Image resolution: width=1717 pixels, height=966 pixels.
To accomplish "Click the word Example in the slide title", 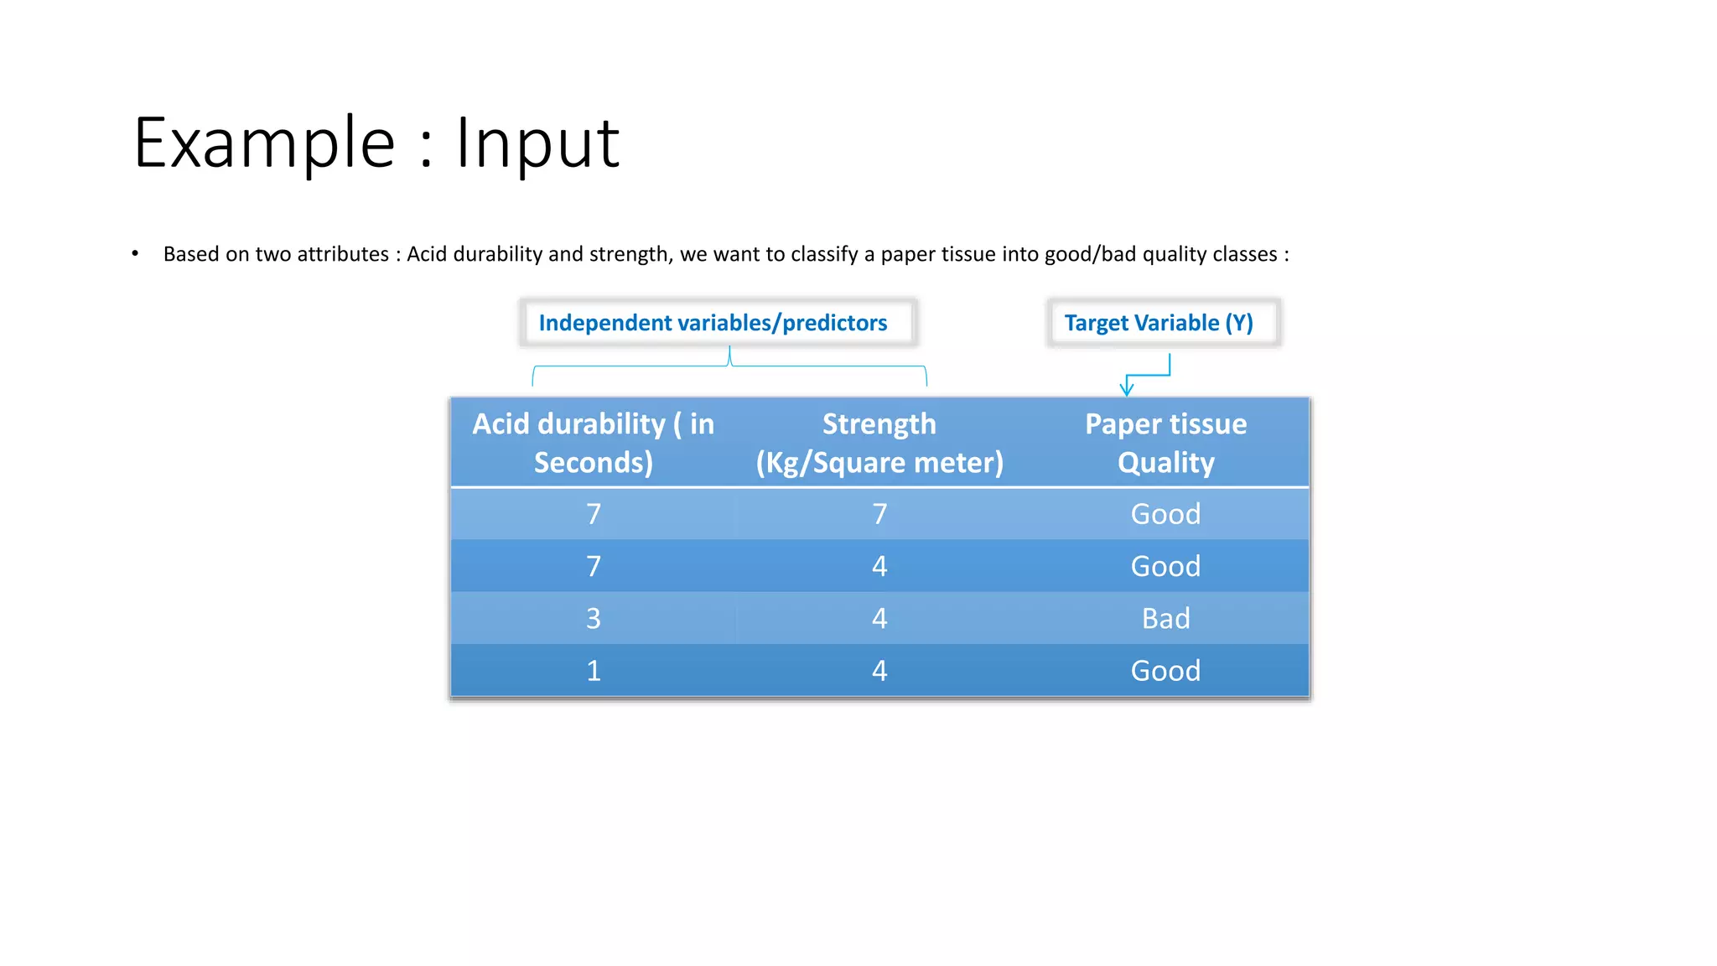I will [x=264, y=143].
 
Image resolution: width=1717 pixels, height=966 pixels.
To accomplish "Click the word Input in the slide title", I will [x=537, y=143].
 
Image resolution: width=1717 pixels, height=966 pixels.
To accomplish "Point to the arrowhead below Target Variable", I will [x=1127, y=388].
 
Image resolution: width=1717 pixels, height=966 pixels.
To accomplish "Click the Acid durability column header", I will [x=593, y=443].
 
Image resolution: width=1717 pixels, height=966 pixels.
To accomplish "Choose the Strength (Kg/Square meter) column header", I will [x=879, y=443].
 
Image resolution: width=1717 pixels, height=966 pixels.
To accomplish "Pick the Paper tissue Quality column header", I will [x=1165, y=443].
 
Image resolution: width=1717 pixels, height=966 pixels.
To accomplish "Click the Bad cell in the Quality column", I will [x=1165, y=619].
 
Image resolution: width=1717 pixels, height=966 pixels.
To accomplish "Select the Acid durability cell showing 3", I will [x=593, y=619].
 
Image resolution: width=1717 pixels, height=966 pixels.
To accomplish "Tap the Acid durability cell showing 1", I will [x=593, y=671].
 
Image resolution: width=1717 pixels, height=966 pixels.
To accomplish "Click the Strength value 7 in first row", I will [x=879, y=514].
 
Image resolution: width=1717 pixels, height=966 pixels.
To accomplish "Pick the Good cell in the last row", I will [x=1165, y=671].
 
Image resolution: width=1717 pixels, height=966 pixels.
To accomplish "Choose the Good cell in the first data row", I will [x=1165, y=514].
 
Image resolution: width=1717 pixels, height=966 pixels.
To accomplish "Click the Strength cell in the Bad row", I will [x=879, y=619].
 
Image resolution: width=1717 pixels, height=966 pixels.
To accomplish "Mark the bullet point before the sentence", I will [x=135, y=253].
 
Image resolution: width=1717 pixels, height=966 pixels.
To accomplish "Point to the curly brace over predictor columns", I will [x=729, y=366].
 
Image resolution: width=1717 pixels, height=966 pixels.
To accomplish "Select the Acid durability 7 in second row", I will [x=593, y=567].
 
